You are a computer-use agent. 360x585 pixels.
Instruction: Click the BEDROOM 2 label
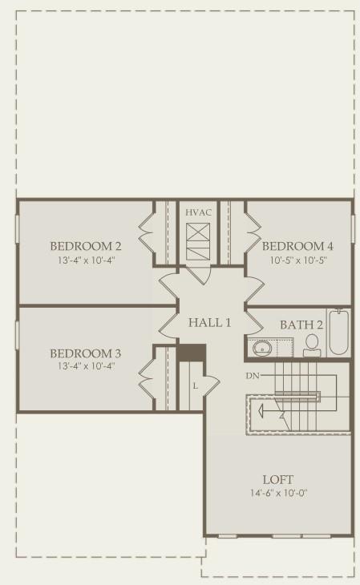pos(86,246)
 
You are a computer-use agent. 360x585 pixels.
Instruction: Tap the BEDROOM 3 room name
pos(86,353)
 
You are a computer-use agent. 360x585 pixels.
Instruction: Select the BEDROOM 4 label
pos(297,246)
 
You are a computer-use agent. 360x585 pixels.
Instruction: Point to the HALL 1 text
pos(209,323)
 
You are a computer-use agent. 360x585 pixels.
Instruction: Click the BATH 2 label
pos(301,325)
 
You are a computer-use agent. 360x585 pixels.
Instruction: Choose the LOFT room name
pos(278,479)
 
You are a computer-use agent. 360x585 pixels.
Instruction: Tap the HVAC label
pos(198,212)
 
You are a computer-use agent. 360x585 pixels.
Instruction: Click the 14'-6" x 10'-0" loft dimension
pos(278,493)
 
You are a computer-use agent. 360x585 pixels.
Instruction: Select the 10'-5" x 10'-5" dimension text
pos(298,260)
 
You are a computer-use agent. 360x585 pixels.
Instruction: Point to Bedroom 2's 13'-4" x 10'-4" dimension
pos(86,260)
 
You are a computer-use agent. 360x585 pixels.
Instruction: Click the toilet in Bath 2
pos(312,345)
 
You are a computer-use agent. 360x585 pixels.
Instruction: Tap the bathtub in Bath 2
pos(339,332)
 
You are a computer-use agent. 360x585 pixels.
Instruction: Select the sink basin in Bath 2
pos(262,349)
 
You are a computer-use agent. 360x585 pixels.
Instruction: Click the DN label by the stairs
pos(253,376)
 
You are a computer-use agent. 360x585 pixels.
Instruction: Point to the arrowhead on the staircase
pos(261,412)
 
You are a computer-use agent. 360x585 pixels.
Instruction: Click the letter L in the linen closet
pos(196,386)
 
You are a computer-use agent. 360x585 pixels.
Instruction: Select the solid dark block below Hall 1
pos(191,353)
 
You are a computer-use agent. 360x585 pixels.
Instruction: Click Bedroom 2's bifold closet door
pos(147,233)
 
